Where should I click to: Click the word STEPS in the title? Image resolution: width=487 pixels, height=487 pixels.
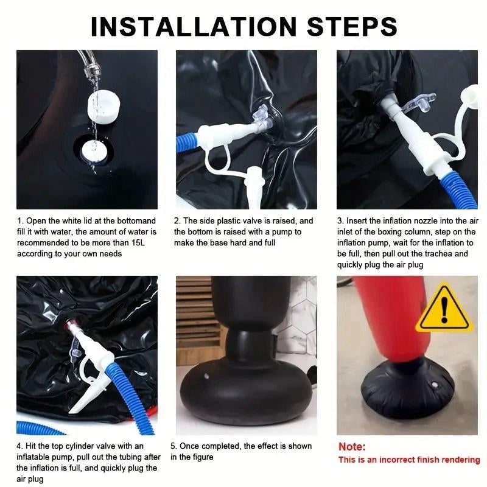pos(352,26)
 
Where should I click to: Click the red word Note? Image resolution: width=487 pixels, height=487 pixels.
pos(352,447)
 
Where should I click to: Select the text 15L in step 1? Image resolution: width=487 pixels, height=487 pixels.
pos(138,242)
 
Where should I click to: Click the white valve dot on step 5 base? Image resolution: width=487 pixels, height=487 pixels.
pos(207,376)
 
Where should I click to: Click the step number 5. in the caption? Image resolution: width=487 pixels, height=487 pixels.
pos(173,446)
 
